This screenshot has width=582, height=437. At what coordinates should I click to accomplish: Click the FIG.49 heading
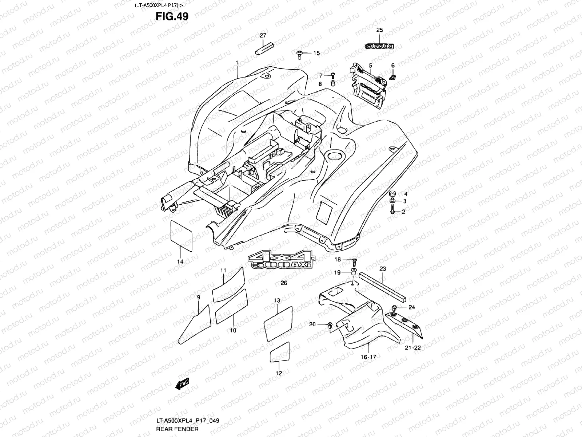pos(172,16)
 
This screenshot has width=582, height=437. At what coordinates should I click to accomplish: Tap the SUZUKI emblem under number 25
pos(379,46)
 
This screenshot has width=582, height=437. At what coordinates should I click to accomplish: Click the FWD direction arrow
pos(182,383)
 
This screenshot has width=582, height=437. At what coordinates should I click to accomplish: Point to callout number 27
pos(263,35)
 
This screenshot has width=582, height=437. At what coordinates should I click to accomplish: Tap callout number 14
pos(180,261)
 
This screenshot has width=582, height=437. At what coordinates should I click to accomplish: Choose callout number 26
pos(284,283)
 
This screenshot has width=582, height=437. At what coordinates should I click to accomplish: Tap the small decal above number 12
pos(280,352)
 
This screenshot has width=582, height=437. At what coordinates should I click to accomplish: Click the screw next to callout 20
pos(330,324)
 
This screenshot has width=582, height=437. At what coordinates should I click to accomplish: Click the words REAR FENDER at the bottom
pos(178,429)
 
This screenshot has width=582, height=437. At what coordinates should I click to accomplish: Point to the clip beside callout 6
pos(393,77)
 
